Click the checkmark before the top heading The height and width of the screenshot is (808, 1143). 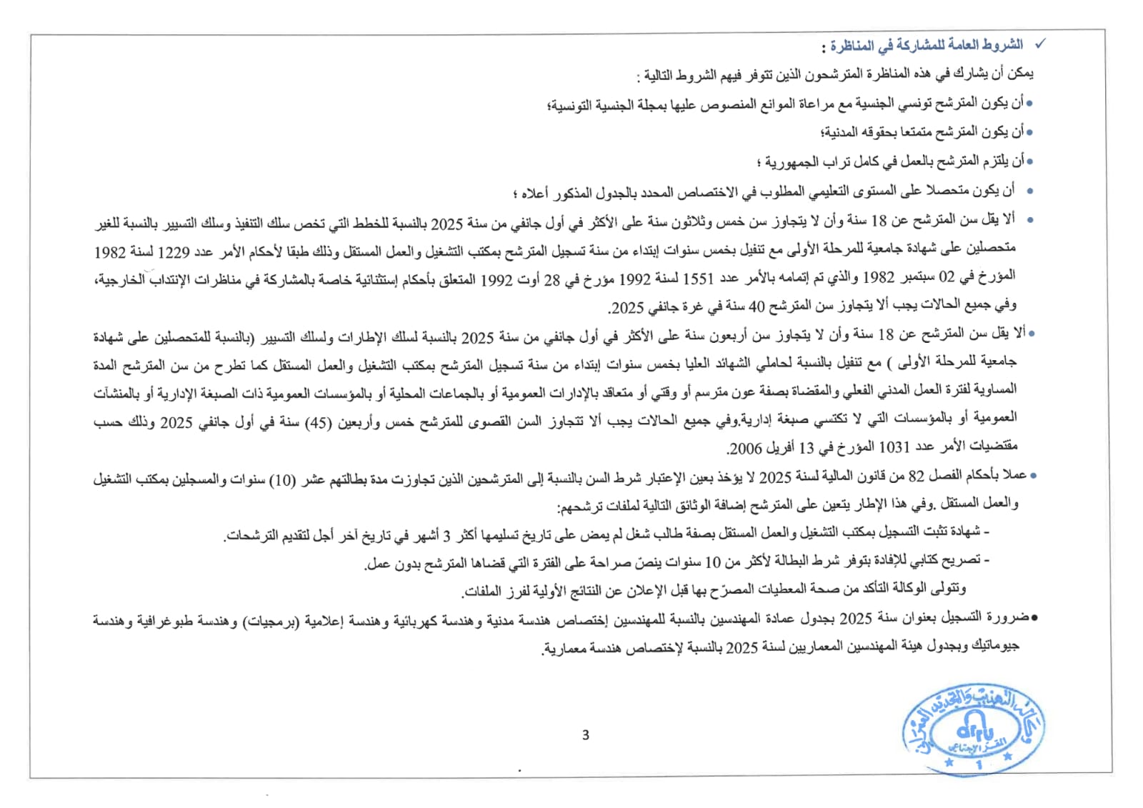[1040, 44]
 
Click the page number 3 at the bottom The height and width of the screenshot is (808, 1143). [586, 735]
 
